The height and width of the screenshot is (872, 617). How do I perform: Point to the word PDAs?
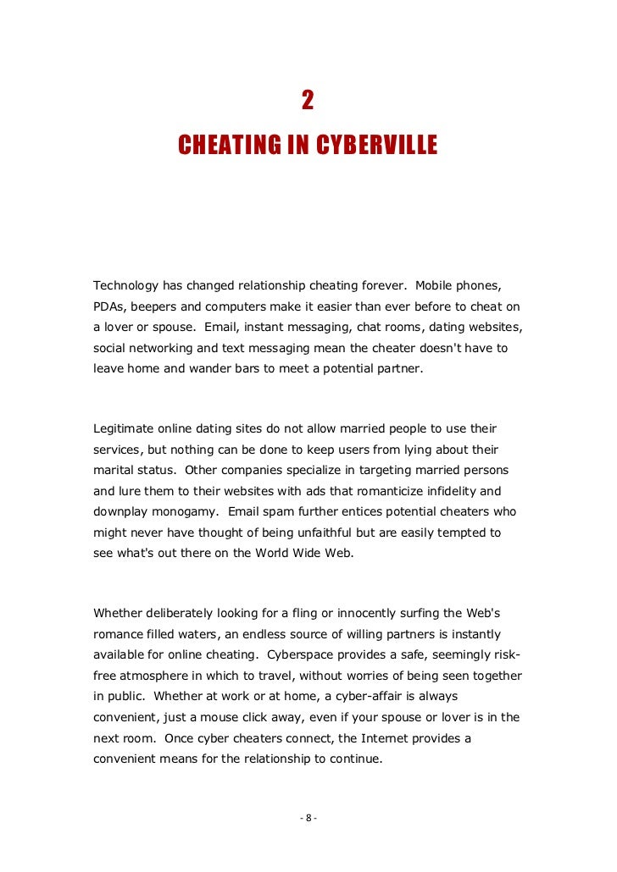[x=109, y=305]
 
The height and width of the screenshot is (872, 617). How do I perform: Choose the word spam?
[x=270, y=512]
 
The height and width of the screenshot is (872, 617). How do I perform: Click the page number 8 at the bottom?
[x=308, y=818]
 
